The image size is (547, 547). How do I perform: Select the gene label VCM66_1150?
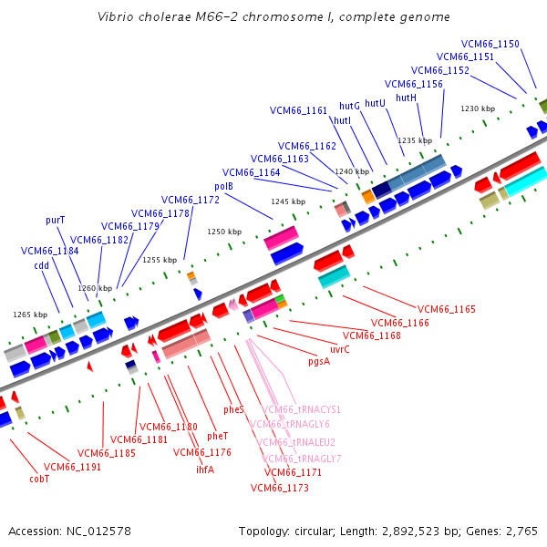490,44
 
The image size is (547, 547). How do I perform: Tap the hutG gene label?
349,106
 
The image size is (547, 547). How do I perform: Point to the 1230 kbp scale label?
477,108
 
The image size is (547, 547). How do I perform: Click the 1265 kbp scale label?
29,315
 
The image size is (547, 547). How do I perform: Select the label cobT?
39,478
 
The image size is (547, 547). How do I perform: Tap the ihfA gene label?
205,470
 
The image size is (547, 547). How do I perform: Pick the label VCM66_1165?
447,310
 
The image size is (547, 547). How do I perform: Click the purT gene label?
56,221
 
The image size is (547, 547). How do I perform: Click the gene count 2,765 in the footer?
519,531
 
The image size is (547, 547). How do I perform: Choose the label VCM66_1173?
279,489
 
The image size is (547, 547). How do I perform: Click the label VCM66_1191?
72,467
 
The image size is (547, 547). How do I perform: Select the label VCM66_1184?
49,251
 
